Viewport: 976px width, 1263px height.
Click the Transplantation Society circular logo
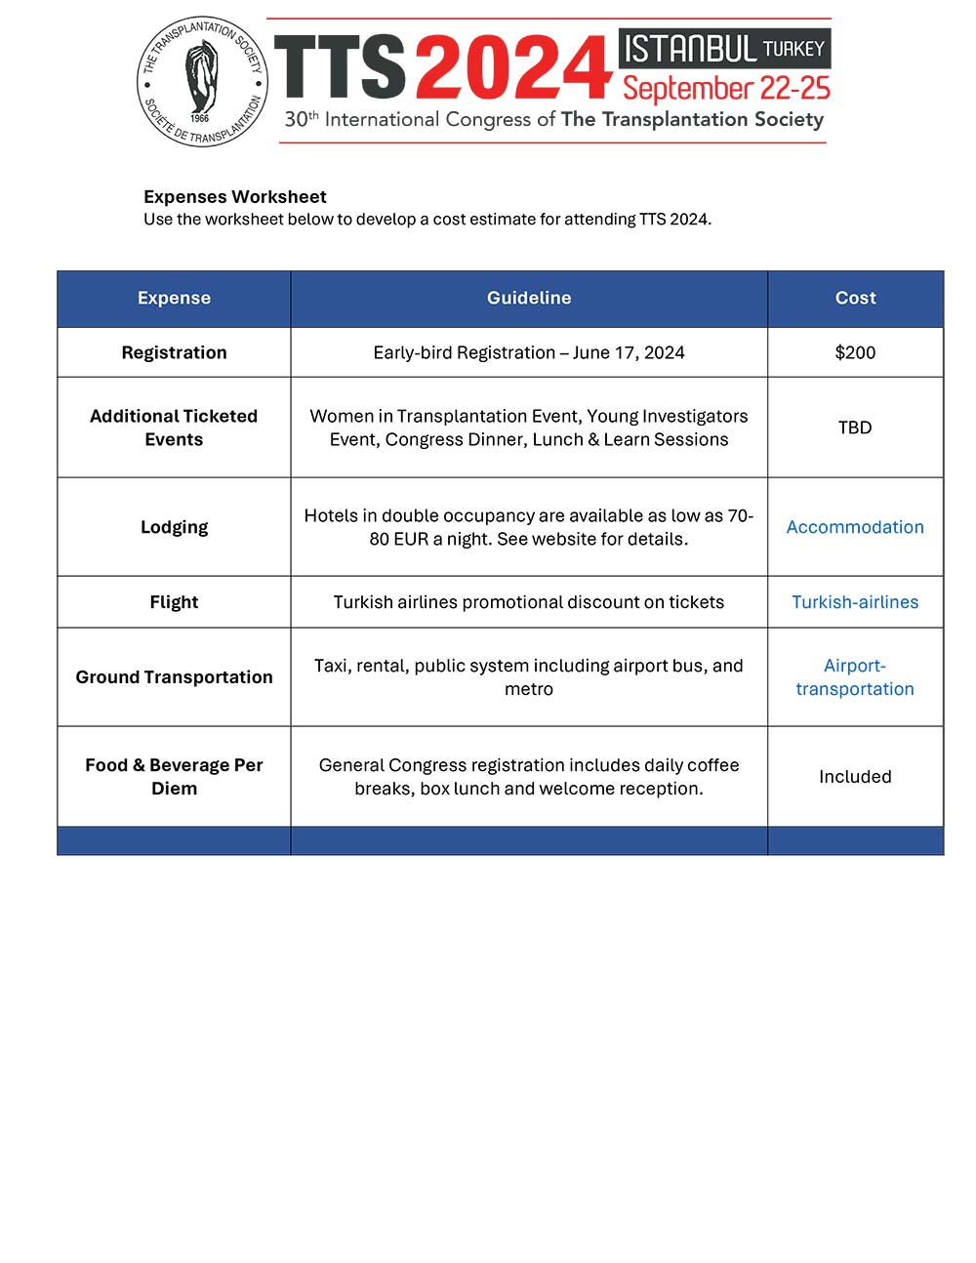point(202,82)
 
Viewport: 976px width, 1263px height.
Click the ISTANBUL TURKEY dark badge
point(724,48)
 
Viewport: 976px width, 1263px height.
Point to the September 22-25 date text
point(726,89)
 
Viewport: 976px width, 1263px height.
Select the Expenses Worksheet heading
point(234,196)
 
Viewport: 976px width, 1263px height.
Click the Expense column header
point(174,298)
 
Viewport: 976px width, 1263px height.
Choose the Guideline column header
point(529,298)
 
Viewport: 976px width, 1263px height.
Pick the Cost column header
point(855,298)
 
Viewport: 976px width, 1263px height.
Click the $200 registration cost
point(855,352)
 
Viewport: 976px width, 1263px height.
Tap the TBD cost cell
point(855,428)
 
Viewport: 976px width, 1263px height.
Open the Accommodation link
point(855,527)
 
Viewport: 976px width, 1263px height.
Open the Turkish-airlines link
point(855,602)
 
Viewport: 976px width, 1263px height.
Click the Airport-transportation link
point(855,677)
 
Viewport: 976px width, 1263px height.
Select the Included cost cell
point(855,777)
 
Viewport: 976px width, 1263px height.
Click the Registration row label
point(174,352)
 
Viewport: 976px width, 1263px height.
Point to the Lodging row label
point(174,527)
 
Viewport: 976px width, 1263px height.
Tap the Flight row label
point(174,602)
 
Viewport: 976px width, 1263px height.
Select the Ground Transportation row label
point(174,677)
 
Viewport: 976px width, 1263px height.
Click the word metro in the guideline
point(529,689)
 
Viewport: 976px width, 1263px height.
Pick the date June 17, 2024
point(629,352)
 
